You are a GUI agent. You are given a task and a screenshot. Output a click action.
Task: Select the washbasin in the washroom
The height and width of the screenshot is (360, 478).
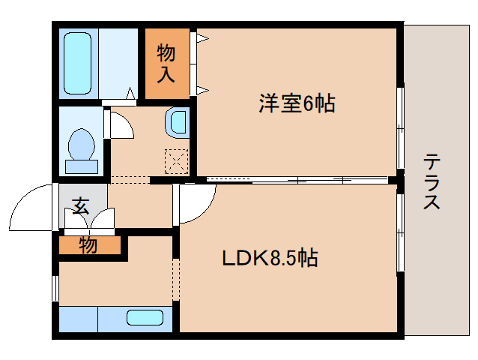coord(178,121)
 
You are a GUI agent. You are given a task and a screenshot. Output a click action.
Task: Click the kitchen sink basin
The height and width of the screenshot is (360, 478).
coord(145,317)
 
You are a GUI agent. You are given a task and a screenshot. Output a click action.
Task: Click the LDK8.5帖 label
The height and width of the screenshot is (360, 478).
coord(270,259)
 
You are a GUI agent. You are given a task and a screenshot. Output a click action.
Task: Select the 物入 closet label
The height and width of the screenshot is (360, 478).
coord(166,64)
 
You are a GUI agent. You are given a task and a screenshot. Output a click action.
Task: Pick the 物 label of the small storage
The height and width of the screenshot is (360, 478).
coord(88,244)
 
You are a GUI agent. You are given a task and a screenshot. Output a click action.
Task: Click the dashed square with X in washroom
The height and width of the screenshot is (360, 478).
coord(176,160)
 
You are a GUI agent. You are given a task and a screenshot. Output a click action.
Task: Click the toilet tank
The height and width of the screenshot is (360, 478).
coord(81,166)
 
